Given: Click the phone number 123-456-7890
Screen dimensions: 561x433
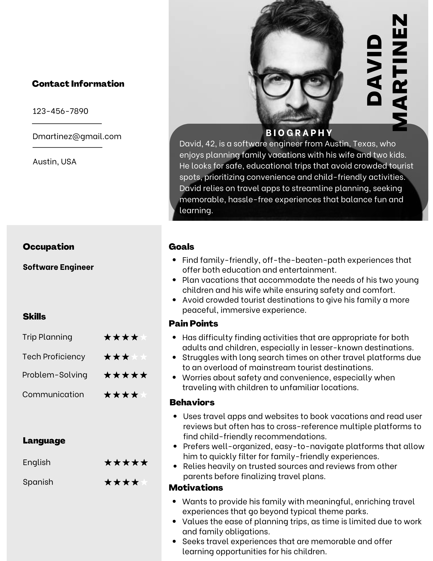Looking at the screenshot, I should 60,111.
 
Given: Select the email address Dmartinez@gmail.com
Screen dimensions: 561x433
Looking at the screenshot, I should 77,136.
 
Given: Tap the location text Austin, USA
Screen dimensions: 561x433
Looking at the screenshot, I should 54,162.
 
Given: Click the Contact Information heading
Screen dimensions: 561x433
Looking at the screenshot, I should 78,84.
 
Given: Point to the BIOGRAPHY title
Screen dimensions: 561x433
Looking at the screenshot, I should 299,133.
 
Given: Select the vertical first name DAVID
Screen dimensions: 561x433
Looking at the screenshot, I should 374,70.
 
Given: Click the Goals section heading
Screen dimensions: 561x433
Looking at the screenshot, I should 181,247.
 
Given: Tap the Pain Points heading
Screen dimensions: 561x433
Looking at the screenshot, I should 193,324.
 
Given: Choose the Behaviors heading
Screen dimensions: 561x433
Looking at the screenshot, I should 192,403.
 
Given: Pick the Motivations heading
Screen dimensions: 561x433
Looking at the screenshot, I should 196,488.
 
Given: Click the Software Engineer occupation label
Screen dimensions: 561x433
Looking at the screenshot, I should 58,267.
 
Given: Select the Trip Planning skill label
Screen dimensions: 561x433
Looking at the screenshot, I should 47,337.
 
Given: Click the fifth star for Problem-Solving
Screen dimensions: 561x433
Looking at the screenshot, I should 143,375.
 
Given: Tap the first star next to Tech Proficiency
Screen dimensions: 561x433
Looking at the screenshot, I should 107,357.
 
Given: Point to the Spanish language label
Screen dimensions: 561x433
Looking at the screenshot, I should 38,482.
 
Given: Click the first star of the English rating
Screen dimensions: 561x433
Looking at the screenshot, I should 108,463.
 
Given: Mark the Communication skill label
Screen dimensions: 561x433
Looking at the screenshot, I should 53,394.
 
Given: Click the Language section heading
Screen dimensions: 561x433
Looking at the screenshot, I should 44,441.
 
